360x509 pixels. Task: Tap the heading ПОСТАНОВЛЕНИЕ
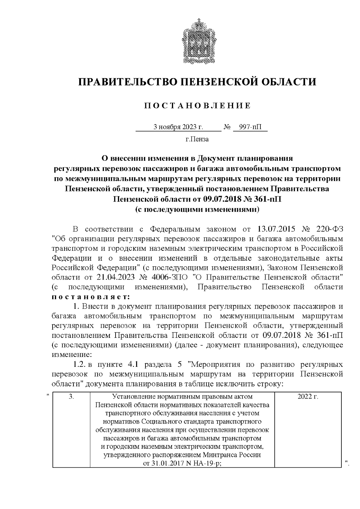coord(197,106)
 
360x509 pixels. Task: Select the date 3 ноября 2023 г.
coord(178,127)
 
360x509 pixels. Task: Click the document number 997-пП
coord(250,127)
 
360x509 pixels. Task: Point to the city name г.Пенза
coord(197,139)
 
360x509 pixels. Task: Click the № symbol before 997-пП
coord(227,127)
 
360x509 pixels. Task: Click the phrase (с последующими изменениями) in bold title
coord(197,209)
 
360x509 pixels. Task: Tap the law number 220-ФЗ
coord(329,229)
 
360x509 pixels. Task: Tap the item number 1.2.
coord(80,364)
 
